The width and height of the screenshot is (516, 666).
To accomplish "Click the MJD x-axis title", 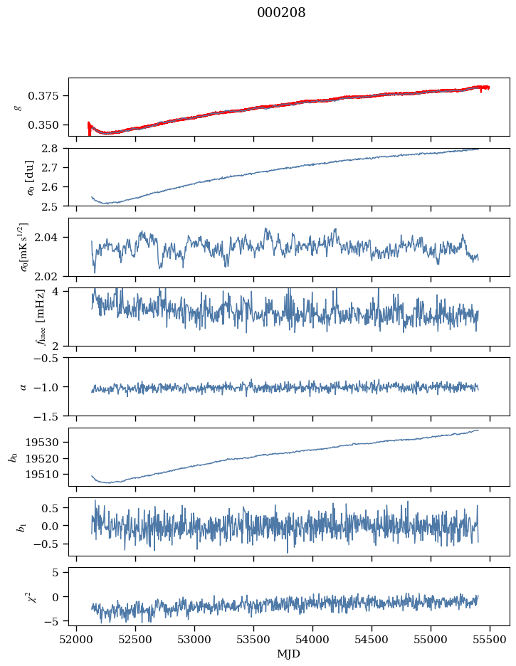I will [289, 653].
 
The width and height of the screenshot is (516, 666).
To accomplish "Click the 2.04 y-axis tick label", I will [53, 238].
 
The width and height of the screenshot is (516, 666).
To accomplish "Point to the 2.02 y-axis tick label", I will [53, 276].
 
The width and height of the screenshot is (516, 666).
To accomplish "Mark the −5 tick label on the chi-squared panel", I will [54, 621].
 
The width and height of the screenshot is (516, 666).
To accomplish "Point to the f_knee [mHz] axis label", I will [20, 317].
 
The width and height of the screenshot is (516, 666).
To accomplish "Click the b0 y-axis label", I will [13, 456].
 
